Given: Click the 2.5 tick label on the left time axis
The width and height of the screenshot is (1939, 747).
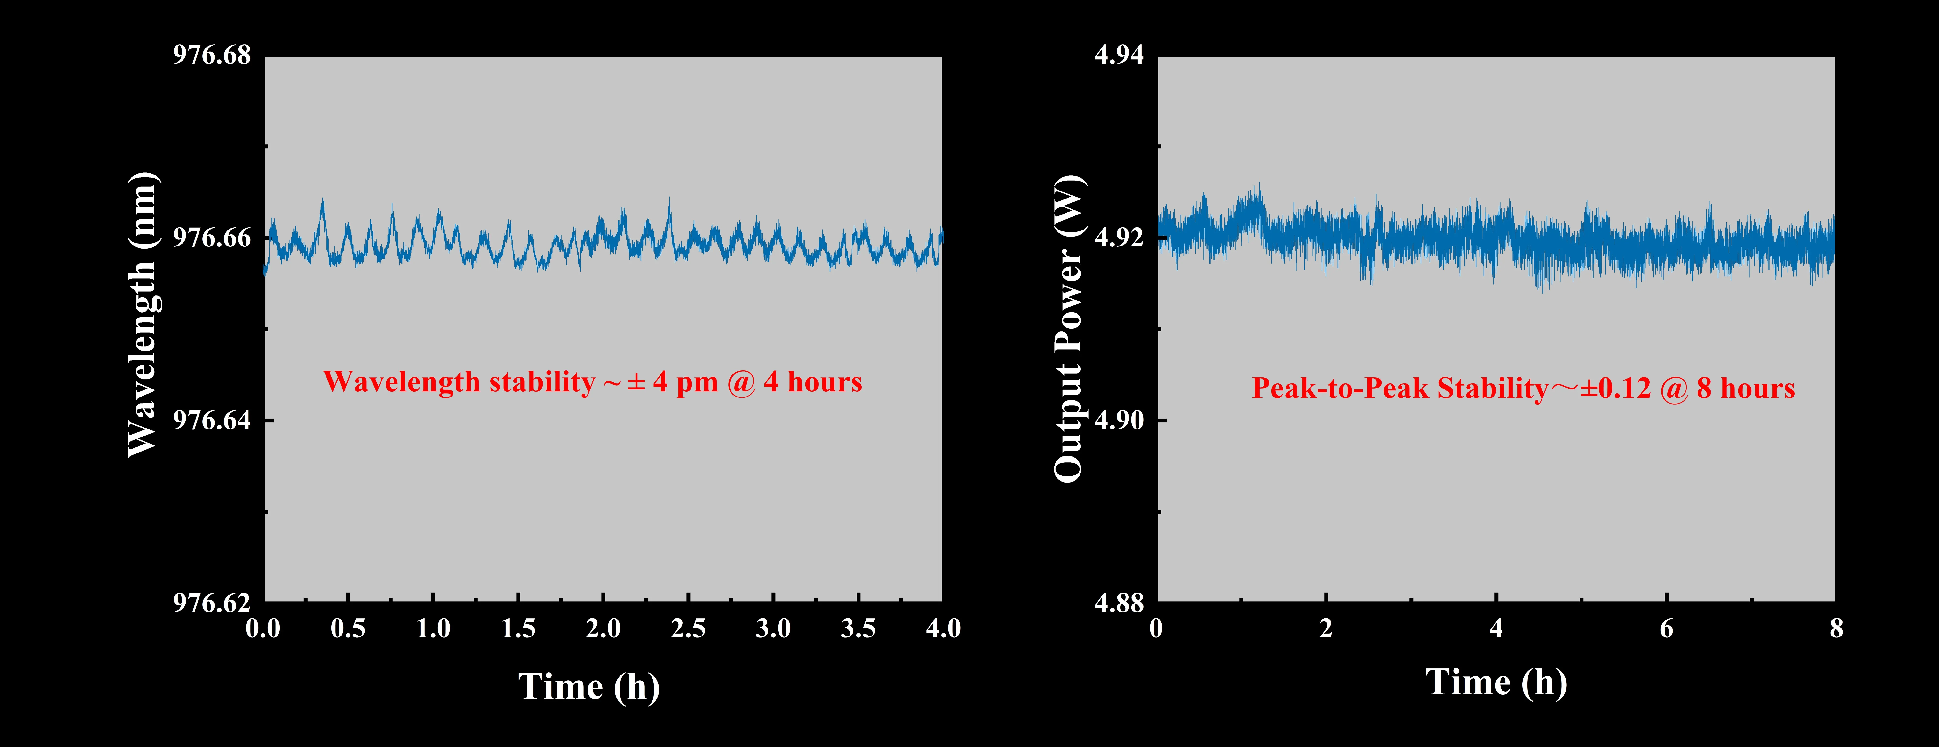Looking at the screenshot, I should (688, 628).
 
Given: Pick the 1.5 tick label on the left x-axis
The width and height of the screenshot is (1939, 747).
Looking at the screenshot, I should (518, 628).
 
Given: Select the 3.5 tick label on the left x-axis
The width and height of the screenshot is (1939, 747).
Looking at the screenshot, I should (858, 628).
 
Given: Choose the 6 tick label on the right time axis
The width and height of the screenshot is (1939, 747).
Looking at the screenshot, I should (1667, 628).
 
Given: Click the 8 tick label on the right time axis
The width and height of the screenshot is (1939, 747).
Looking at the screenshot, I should (1837, 628).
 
